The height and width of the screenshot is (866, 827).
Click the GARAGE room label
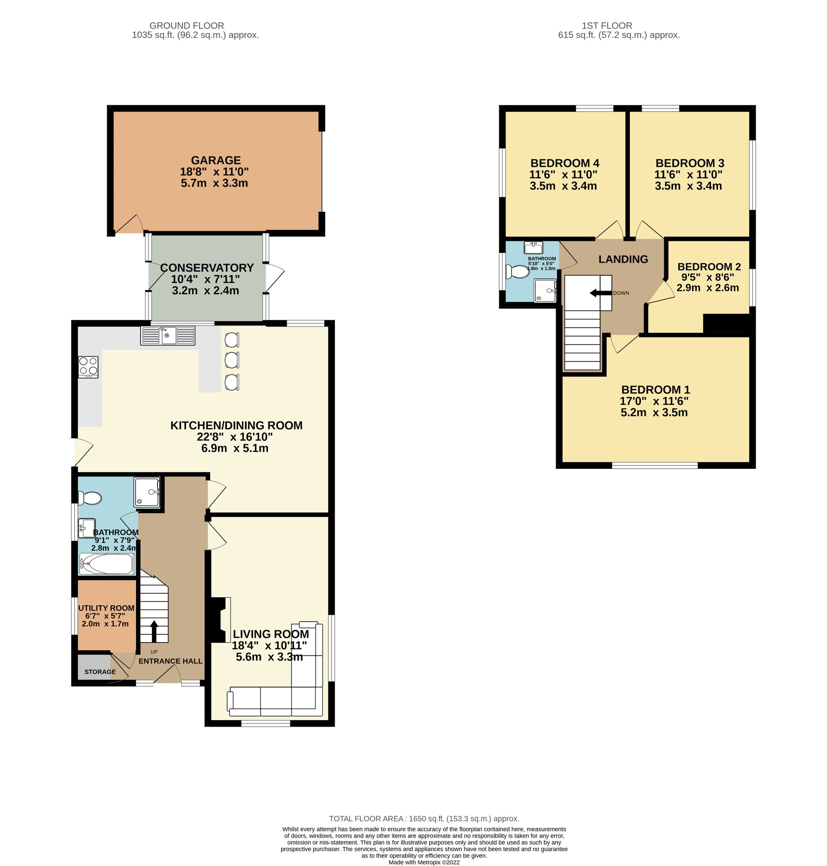pyautogui.click(x=216, y=160)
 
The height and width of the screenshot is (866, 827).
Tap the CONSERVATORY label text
pyautogui.click(x=207, y=268)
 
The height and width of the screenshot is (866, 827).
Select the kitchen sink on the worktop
pyautogui.click(x=168, y=335)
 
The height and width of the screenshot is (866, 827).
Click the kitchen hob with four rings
pyautogui.click(x=88, y=367)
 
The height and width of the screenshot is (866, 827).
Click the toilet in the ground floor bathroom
pyautogui.click(x=90, y=499)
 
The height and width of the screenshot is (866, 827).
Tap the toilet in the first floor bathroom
pyautogui.click(x=517, y=272)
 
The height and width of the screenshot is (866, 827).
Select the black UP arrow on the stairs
pyautogui.click(x=154, y=631)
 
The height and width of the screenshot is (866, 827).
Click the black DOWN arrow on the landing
pyautogui.click(x=601, y=293)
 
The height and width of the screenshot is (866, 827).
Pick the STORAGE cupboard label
pyautogui.click(x=100, y=672)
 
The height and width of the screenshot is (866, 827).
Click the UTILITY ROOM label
pyautogui.click(x=106, y=608)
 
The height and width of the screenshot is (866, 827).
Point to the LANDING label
pyautogui.click(x=623, y=259)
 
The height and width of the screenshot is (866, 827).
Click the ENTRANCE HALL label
pyautogui.click(x=170, y=661)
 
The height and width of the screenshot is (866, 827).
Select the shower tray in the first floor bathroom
pyautogui.click(x=545, y=290)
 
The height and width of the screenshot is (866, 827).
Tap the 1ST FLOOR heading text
pyautogui.click(x=607, y=25)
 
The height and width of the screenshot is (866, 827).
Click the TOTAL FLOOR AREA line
pyautogui.click(x=424, y=819)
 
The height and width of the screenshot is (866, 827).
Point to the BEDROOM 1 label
pyautogui.click(x=655, y=390)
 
